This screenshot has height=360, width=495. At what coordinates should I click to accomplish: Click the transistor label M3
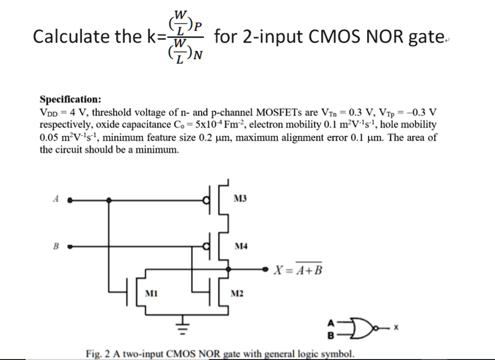click(x=240, y=198)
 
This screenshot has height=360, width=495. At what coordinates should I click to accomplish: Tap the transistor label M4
click(x=241, y=246)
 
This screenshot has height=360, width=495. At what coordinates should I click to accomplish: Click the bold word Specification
click(x=70, y=100)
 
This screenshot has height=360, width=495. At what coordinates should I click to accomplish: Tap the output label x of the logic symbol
click(x=395, y=328)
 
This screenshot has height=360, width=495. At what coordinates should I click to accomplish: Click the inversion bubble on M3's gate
click(x=206, y=199)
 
